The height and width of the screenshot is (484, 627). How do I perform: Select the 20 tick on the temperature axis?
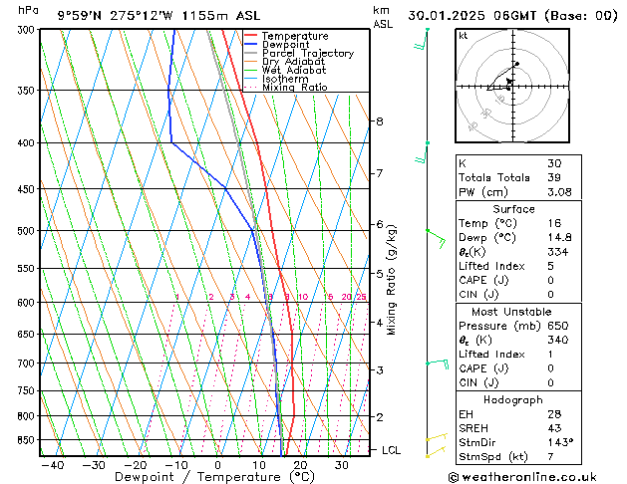(x=300, y=465)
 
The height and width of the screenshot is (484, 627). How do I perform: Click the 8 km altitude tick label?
(x=379, y=121)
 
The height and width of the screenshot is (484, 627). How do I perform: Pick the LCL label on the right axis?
(x=392, y=450)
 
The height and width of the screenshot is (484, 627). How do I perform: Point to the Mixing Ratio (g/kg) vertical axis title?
(x=392, y=280)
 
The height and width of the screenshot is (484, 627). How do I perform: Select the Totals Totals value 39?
(x=553, y=177)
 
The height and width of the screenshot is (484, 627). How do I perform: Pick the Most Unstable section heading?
(x=513, y=311)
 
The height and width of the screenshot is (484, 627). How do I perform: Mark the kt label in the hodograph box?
(x=464, y=36)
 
